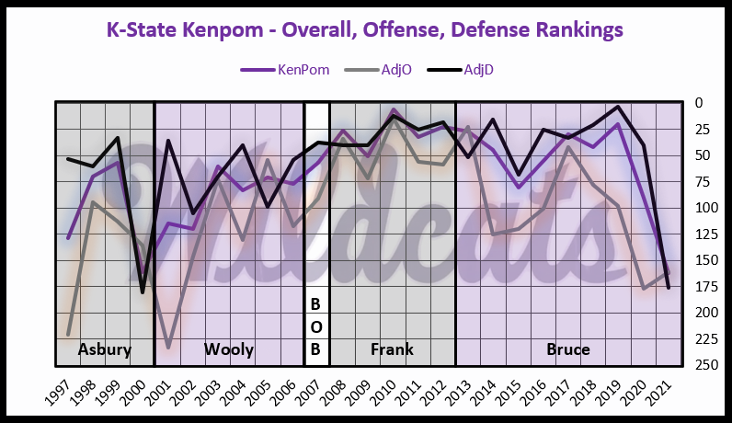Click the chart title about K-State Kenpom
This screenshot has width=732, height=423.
pos(365,29)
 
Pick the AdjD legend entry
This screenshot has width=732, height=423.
pos(460,69)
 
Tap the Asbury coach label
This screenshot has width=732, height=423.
pos(105,349)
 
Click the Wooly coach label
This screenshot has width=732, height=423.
pos(228,349)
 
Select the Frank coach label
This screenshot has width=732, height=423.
pos(392,349)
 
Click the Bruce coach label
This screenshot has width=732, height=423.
pos(568,349)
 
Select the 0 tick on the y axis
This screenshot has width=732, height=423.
pos(696,102)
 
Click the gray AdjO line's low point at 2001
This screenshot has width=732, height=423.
pos(167,348)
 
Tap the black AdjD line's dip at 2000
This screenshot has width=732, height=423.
pos(143,292)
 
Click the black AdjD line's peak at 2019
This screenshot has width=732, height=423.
pos(618,107)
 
